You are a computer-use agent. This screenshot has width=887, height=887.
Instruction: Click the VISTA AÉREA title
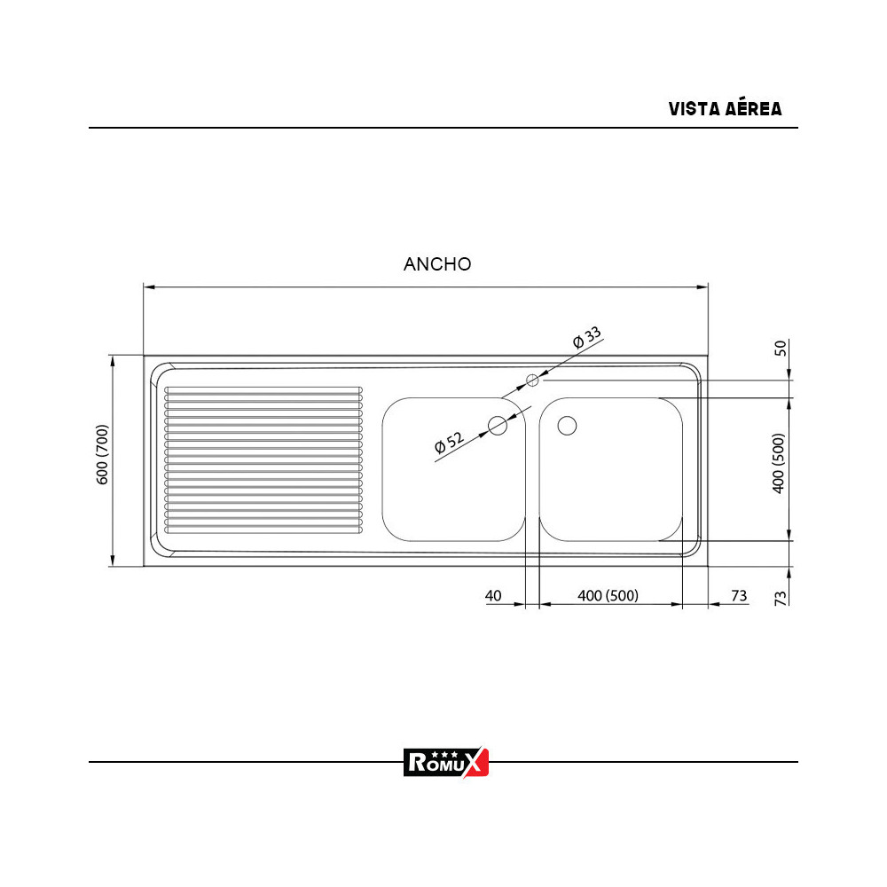tap(725, 109)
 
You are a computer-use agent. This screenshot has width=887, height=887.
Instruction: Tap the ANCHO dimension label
tap(437, 263)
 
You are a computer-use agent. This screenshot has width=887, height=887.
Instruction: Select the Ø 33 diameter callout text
tap(587, 338)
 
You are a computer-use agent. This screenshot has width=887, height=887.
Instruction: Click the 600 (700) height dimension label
tap(102, 455)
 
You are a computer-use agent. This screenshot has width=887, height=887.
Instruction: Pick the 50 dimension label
tap(781, 347)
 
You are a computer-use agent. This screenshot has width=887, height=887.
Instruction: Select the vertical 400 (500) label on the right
tap(779, 463)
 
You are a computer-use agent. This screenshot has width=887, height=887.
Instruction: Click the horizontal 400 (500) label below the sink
tap(608, 595)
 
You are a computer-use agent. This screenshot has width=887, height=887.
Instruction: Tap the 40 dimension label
tap(493, 595)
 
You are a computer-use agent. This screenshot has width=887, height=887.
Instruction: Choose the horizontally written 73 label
tap(739, 595)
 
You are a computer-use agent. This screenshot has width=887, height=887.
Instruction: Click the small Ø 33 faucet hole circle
tap(532, 381)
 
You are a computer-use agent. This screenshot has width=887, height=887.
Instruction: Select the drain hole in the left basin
tap(498, 426)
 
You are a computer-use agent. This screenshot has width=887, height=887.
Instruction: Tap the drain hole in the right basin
tap(567, 426)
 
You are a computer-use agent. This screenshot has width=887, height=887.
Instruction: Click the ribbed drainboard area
tap(263, 460)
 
